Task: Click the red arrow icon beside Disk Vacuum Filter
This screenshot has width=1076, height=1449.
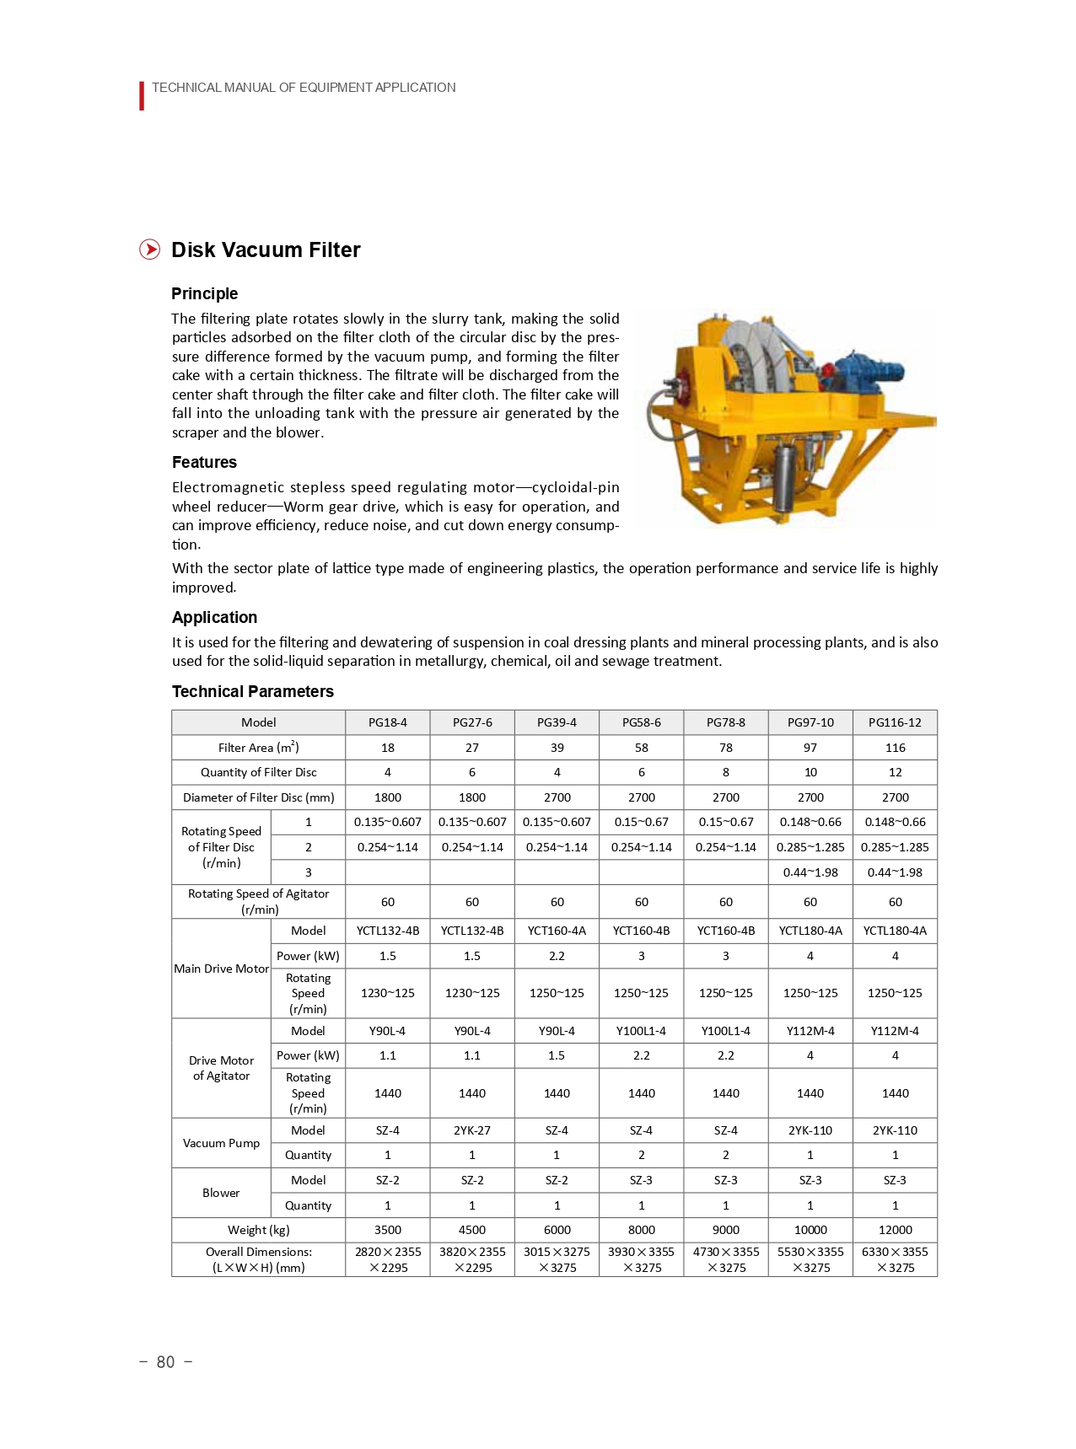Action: pyautogui.click(x=149, y=250)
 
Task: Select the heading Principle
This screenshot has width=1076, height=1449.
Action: pyautogui.click(x=204, y=293)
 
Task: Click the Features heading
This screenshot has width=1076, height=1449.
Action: pyautogui.click(x=204, y=462)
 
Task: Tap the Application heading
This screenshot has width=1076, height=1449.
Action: pyautogui.click(x=214, y=617)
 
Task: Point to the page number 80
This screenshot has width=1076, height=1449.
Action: pyautogui.click(x=165, y=1362)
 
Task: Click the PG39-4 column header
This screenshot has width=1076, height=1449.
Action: pyautogui.click(x=557, y=722)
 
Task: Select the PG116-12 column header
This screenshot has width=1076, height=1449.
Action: pyautogui.click(x=895, y=722)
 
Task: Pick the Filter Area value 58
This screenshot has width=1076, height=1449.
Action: pyautogui.click(x=641, y=748)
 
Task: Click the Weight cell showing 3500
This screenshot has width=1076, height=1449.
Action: pyautogui.click(x=387, y=1230)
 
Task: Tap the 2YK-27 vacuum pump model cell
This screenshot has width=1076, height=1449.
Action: pyautogui.click(x=471, y=1130)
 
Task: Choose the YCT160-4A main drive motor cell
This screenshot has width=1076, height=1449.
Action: pyautogui.click(x=557, y=931)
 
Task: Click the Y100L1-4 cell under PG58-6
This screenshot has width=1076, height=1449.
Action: pyautogui.click(x=641, y=1031)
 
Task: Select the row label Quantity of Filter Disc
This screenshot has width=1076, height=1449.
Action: pyautogui.click(x=258, y=772)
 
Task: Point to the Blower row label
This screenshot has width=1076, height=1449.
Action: pyautogui.click(x=221, y=1193)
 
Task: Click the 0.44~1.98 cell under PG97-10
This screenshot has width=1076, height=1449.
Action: pyautogui.click(x=810, y=872)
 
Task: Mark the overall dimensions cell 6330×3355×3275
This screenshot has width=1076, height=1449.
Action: pyautogui.click(x=895, y=1259)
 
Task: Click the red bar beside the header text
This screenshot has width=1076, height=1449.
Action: pyautogui.click(x=142, y=95)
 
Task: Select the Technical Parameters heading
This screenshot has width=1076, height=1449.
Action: pyautogui.click(x=252, y=691)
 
